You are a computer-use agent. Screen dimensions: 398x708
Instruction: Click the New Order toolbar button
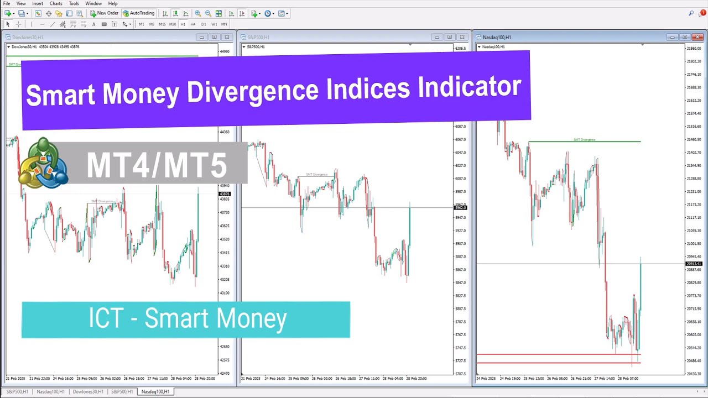(104, 13)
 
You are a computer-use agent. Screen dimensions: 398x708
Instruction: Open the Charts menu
(56, 3)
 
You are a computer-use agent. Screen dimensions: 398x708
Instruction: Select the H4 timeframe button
(193, 24)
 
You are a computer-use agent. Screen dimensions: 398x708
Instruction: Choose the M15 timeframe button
(162, 24)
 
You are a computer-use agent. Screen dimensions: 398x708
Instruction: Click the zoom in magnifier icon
(197, 13)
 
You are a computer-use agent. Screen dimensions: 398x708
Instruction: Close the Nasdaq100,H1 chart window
(697, 37)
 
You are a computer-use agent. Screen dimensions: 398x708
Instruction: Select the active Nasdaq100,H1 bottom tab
(156, 391)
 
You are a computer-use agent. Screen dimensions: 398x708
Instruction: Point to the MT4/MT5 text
(157, 165)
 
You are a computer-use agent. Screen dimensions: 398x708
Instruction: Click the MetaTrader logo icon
(43, 164)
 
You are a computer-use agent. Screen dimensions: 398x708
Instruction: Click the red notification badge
(703, 13)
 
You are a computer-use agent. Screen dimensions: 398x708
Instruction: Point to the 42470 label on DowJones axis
(225, 374)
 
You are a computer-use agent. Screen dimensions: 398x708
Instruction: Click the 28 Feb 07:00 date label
(628, 379)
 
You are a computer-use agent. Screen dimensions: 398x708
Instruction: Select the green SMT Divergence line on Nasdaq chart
(584, 142)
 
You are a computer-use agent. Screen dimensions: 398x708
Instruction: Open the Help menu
(113, 3)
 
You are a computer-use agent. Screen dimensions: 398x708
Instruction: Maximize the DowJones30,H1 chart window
(214, 37)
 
